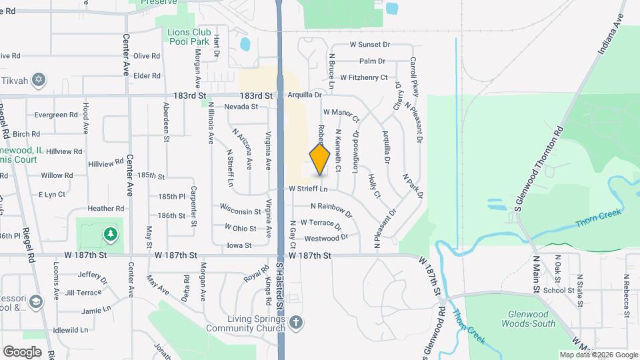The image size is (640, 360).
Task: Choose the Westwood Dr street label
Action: click(326, 238)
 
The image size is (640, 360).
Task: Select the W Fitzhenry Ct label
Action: click(363, 77)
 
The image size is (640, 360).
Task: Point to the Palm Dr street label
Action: click(372, 61)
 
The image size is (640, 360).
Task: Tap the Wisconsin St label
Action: click(239, 211)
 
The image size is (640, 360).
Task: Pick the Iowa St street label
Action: click(239, 245)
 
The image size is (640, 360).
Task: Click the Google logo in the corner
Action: click(22, 351)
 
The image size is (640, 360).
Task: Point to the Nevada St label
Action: click(241, 107)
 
